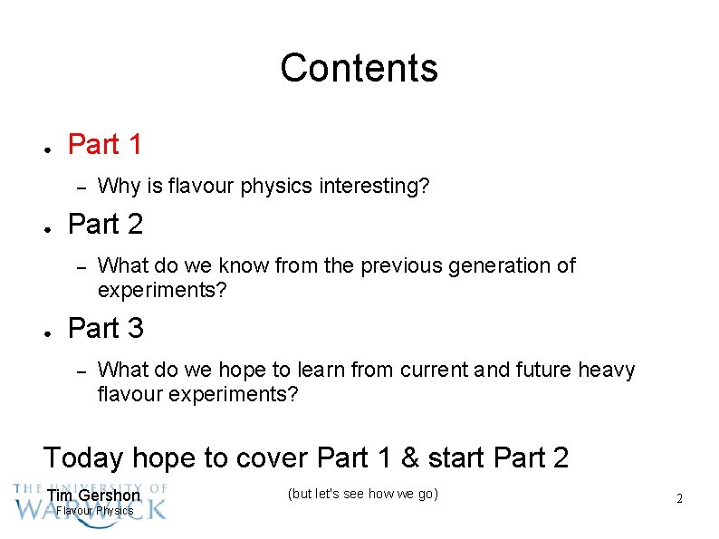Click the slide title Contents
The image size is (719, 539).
[x=359, y=68]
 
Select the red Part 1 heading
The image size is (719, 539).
[x=105, y=144]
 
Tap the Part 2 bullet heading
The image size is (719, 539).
[x=105, y=224]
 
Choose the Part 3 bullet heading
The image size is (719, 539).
[x=105, y=328]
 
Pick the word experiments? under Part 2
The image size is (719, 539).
[x=162, y=291]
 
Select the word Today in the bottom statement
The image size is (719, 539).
[x=82, y=457]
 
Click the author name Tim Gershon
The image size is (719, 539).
[x=94, y=496]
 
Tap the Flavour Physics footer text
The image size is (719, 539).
[x=95, y=511]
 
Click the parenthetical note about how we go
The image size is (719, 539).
[x=362, y=494]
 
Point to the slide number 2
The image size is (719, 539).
[x=679, y=499]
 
